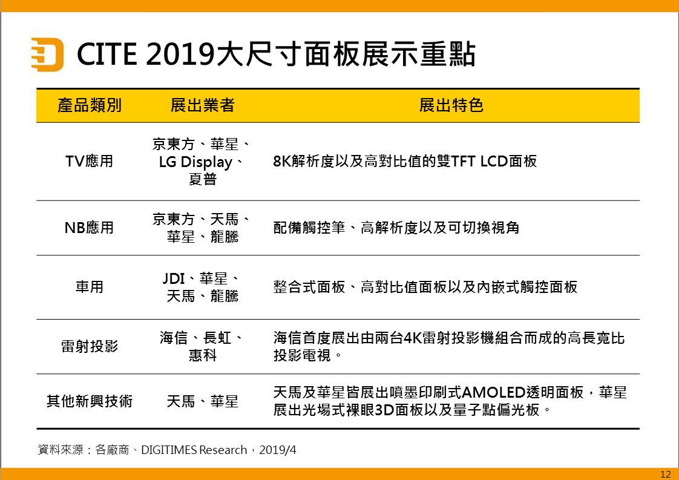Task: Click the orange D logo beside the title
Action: [x=47, y=54]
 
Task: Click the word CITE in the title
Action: [x=107, y=54]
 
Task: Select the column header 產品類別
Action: [x=90, y=105]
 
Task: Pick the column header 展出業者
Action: [x=202, y=105]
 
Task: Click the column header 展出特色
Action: [x=451, y=105]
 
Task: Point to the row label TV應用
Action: [x=89, y=161]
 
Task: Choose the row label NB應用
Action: [x=89, y=228]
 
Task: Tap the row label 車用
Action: [x=89, y=287]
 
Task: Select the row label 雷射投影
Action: [x=89, y=346]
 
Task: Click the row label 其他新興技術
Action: [x=89, y=401]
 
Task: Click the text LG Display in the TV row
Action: [x=195, y=162]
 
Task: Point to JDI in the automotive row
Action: [x=174, y=278]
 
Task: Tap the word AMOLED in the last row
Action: [x=494, y=392]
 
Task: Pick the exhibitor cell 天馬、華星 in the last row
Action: [x=202, y=401]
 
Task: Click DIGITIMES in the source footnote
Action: [x=169, y=450]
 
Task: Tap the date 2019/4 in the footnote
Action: [x=278, y=450]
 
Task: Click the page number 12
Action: [x=666, y=475]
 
